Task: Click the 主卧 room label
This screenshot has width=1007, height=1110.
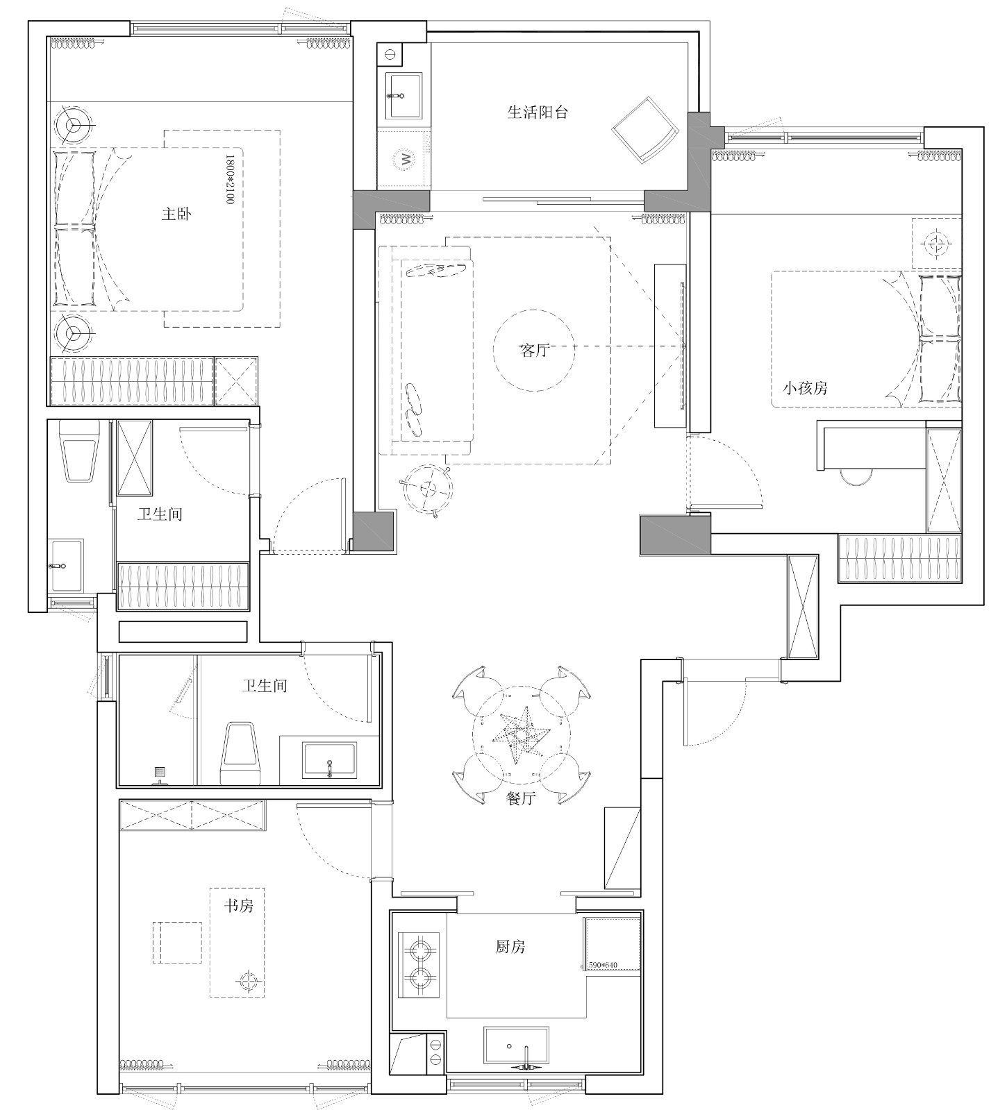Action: (x=176, y=215)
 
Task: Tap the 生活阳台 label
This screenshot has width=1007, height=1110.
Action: (x=537, y=112)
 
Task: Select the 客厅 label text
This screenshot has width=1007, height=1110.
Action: (x=534, y=351)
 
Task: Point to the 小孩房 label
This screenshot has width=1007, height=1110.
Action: (x=806, y=389)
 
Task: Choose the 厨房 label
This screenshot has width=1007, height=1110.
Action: (x=510, y=946)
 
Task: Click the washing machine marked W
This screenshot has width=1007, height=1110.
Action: (x=403, y=159)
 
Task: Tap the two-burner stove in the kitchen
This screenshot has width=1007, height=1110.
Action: (x=419, y=965)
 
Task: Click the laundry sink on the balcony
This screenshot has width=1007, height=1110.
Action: (x=404, y=96)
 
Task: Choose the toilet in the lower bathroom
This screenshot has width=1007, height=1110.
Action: (x=240, y=754)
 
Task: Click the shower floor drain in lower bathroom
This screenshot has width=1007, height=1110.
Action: (x=160, y=771)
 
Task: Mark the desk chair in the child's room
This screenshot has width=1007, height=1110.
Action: (x=856, y=478)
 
